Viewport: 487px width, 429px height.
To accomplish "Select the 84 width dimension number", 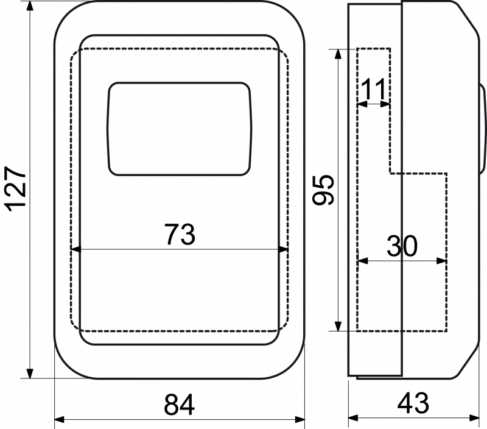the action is coord(179,405).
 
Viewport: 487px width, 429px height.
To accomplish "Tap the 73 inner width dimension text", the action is coord(180,234).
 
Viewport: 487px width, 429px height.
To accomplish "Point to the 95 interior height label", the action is coord(324,190).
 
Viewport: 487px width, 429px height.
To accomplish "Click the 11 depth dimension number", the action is coord(373,88).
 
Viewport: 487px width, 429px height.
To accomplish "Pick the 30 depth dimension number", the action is coord(402,246).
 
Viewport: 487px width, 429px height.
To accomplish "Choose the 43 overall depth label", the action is coord(413,403).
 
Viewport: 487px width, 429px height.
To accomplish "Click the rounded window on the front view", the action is coord(179,129).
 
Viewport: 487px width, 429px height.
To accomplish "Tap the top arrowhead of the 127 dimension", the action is coord(30,6).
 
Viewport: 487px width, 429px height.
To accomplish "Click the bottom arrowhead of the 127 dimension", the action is coord(30,374).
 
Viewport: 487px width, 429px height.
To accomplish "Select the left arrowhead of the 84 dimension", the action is coord(60,419).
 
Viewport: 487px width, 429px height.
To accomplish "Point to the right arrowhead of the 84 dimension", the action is coord(300,419).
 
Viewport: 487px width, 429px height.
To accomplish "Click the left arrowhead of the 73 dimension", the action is coord(75,249).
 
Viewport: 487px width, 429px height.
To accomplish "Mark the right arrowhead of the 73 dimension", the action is coord(283,249).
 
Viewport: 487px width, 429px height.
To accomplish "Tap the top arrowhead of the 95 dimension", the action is coord(338,54).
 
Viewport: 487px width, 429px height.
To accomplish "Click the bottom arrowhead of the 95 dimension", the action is coord(338,326).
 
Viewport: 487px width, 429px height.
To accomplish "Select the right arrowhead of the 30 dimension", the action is coord(442,261).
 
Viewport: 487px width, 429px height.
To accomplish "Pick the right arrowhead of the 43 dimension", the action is coord(475,418).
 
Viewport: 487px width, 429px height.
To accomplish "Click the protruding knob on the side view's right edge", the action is coord(483,128).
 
